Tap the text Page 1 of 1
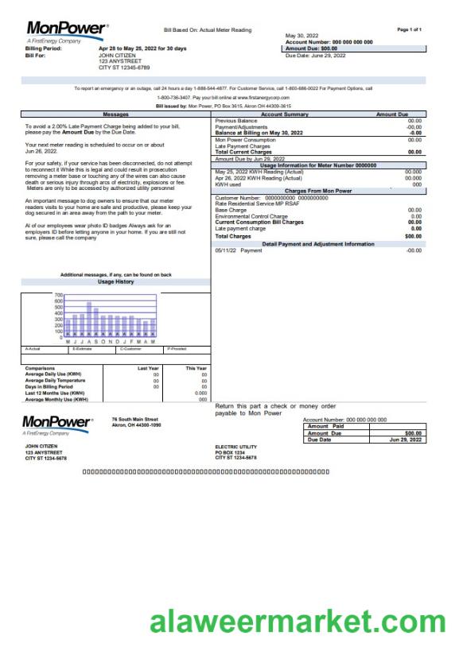click(x=409, y=29)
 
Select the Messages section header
click(x=116, y=114)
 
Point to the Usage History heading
click(x=116, y=282)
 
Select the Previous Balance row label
click(x=236, y=121)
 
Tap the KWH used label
click(x=229, y=184)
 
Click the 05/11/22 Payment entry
click(x=239, y=250)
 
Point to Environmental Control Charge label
click(x=251, y=216)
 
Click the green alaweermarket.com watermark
click(x=298, y=620)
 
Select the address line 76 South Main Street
click(x=135, y=419)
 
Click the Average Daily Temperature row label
click(x=59, y=380)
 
